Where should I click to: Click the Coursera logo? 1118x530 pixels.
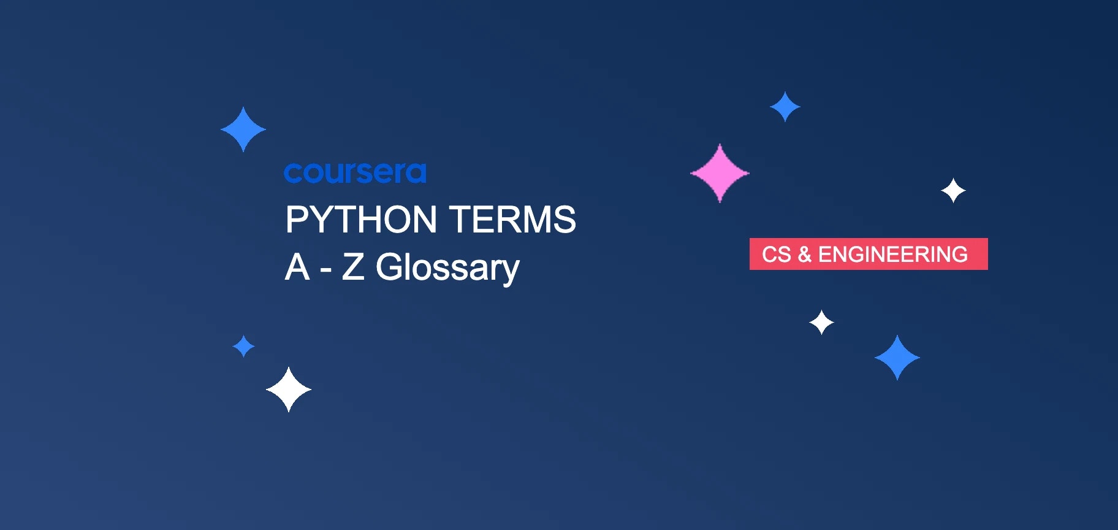point(355,173)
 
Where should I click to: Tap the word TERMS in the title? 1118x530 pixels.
point(512,220)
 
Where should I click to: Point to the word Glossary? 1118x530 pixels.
point(447,268)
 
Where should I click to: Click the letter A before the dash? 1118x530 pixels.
point(297,267)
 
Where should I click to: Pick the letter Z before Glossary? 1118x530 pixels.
point(353,267)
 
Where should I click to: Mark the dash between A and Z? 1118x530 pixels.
point(326,269)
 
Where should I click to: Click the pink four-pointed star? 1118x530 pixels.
point(720,173)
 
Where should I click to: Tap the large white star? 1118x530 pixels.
point(289,390)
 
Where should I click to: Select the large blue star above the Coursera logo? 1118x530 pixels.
point(243,129)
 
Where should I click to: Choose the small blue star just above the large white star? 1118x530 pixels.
point(243,346)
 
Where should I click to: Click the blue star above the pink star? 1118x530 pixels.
point(785,107)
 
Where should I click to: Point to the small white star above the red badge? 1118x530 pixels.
point(953,191)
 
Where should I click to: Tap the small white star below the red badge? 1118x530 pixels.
point(821,322)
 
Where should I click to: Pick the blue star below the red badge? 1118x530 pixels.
point(897,358)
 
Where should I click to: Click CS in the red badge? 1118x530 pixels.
point(776,254)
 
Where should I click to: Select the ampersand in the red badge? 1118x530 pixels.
point(804,254)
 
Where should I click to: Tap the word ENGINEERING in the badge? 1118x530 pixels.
point(893,254)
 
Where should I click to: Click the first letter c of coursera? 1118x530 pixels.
point(292,174)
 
